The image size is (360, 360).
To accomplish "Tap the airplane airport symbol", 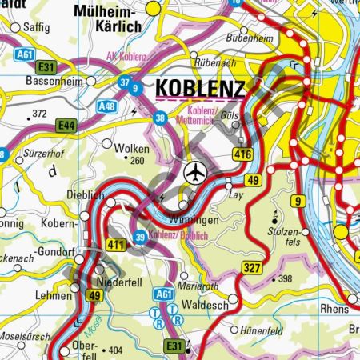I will [194, 172].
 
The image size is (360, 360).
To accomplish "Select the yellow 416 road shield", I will [244, 154].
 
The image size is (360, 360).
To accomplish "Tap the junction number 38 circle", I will [161, 118].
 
